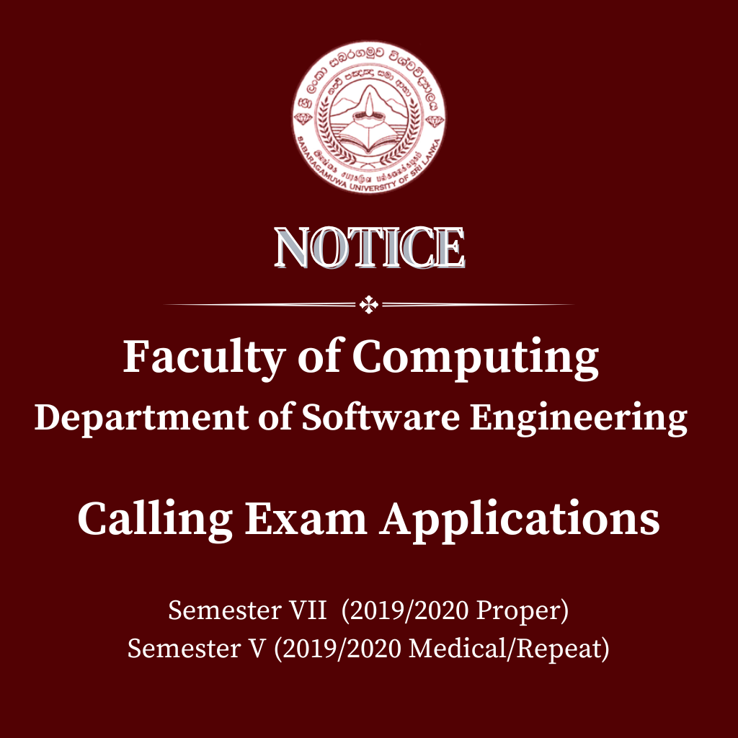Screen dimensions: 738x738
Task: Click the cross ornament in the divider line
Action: tap(369, 305)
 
